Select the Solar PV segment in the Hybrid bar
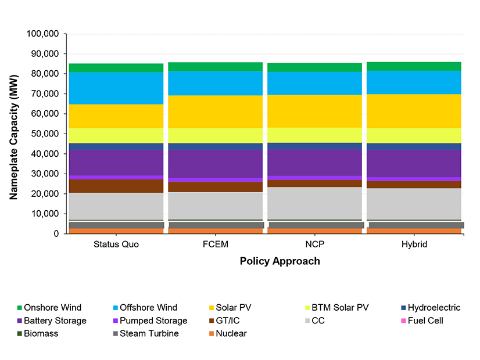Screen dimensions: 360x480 tap(414, 111)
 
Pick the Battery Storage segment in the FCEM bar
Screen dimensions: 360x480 tap(216, 164)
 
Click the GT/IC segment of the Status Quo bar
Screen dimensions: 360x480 tap(116, 186)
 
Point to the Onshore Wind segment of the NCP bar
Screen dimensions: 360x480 tap(315, 67)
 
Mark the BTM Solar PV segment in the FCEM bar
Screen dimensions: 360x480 tap(216, 135)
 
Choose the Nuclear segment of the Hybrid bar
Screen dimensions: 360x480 tap(414, 231)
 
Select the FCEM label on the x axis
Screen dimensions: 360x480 tap(216, 244)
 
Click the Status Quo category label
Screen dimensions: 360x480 tap(116, 244)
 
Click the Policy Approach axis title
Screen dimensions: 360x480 tap(280, 261)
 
